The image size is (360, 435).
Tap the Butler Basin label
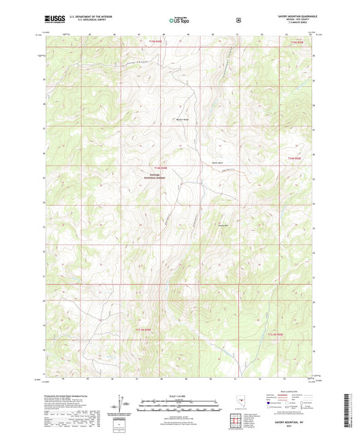pyautogui.click(x=217, y=163)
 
